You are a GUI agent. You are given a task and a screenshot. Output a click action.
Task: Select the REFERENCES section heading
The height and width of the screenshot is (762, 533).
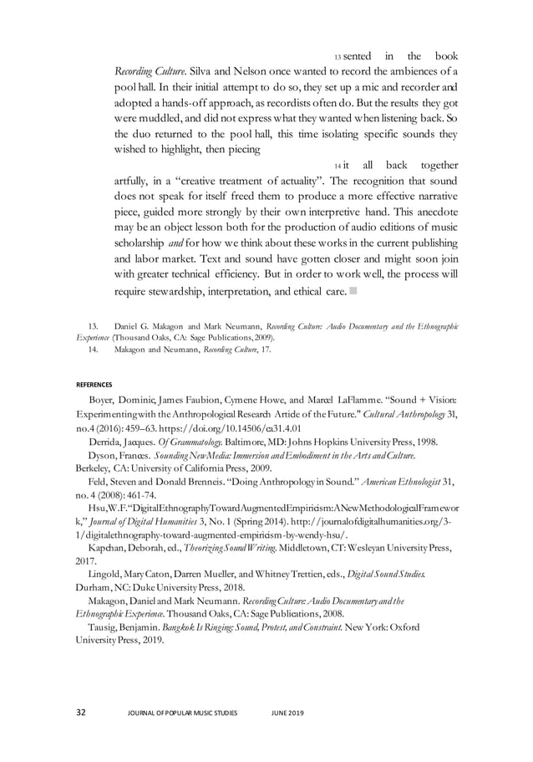pyautogui.click(x=94, y=384)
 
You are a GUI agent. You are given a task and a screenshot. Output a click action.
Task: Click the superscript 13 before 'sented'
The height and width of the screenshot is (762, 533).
pyautogui.click(x=338, y=57)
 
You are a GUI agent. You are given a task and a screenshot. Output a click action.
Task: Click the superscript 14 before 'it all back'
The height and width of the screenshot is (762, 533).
pyautogui.click(x=337, y=166)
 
